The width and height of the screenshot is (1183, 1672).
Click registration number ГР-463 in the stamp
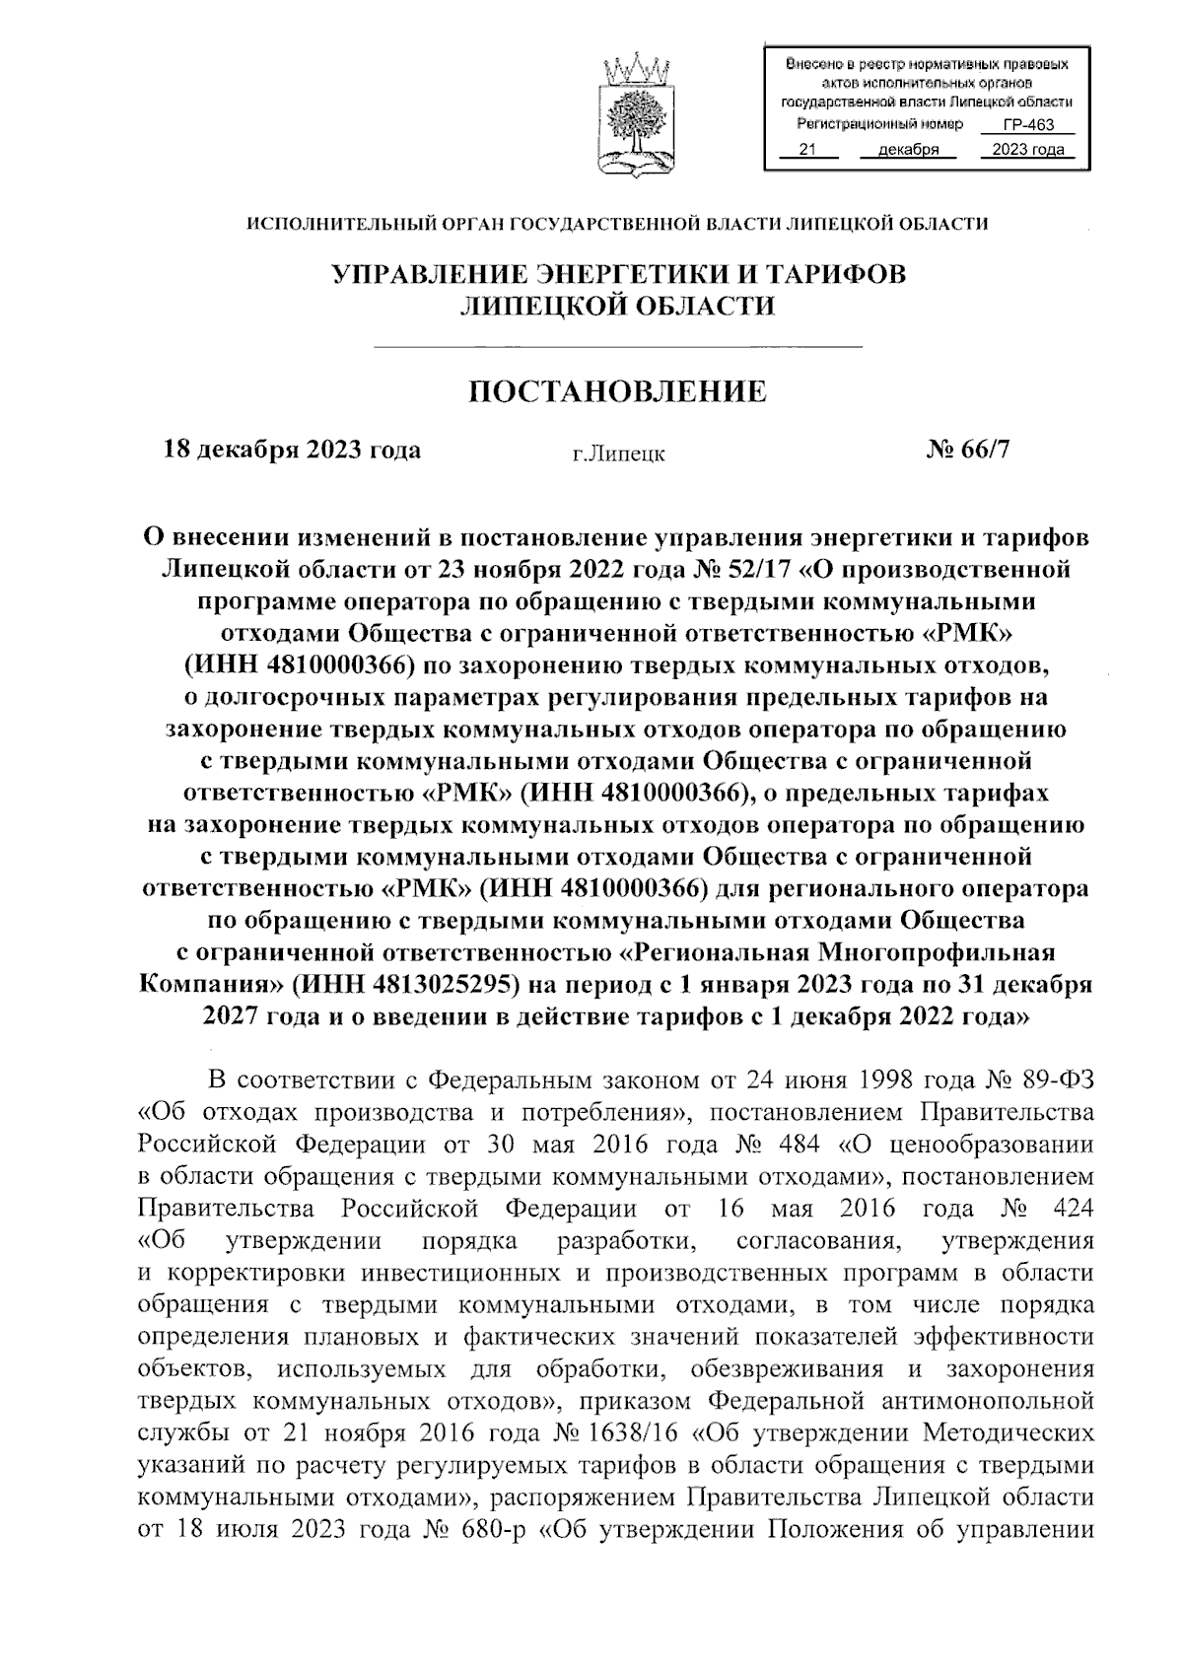1028,125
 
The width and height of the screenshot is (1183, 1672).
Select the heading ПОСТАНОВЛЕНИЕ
617,392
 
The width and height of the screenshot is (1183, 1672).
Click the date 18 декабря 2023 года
292,450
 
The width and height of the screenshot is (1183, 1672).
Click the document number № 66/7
968,450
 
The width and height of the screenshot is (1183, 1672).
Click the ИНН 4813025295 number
418,984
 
